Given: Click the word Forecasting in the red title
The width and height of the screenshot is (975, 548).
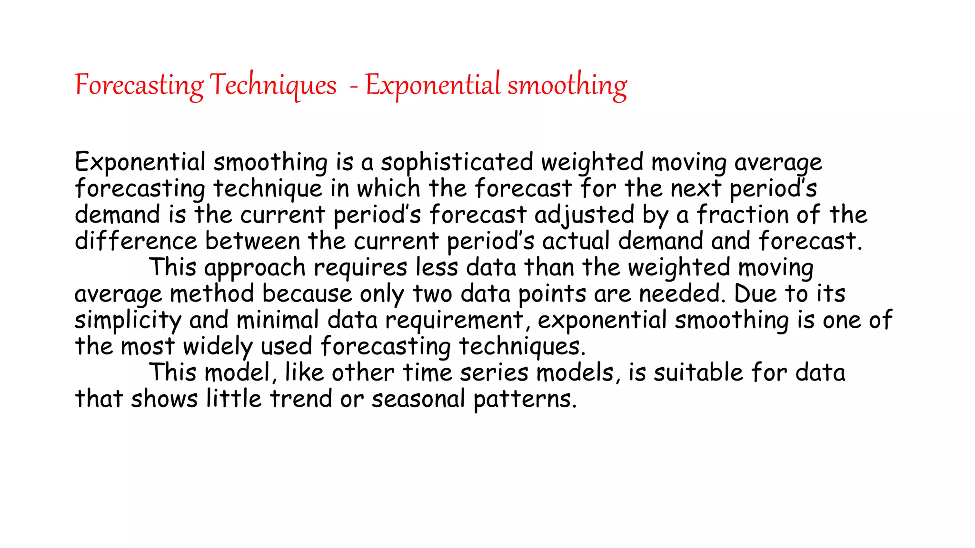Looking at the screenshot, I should click(139, 86).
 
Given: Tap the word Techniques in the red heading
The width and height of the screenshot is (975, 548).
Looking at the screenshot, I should click(273, 86).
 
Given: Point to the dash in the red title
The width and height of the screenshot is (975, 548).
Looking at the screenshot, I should click(353, 87).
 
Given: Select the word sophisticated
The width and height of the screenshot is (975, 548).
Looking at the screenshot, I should click(457, 163).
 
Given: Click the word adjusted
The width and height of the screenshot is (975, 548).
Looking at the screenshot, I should click(584, 215).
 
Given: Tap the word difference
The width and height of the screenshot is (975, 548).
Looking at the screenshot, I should click(136, 241).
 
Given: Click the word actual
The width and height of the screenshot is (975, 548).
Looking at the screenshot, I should click(576, 241).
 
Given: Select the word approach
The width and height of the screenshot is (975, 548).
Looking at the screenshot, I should click(255, 268).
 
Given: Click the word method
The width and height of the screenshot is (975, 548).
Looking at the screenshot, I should click(212, 294).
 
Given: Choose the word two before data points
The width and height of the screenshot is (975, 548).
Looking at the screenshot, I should click(432, 294).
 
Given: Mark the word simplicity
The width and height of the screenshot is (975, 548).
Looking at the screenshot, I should click(128, 320).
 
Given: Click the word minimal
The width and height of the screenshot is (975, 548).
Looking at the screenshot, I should click(278, 320).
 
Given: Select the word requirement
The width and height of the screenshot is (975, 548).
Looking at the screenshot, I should click(454, 320).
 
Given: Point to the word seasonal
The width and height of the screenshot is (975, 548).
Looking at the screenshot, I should click(418, 399).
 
